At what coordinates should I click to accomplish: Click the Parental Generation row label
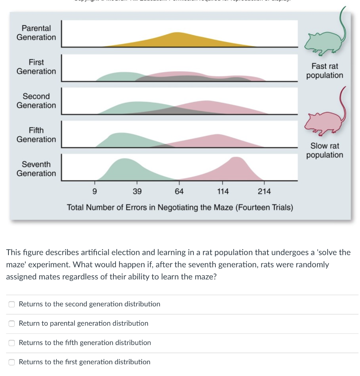point(36,33)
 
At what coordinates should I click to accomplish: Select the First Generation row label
point(36,67)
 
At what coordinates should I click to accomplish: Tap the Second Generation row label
point(36,101)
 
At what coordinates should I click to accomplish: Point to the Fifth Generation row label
point(36,135)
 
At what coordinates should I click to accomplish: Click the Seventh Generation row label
point(36,169)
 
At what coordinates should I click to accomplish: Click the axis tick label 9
point(95,191)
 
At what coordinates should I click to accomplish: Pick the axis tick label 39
point(137,191)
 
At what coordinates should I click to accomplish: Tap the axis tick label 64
point(179,191)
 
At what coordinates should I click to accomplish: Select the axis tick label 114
point(222,191)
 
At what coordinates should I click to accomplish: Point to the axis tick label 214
point(264,191)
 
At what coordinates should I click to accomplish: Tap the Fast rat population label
point(325,71)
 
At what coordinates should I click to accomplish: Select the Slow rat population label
point(325,151)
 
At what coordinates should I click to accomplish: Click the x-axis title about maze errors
point(180,207)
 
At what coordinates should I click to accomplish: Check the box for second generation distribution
point(12,304)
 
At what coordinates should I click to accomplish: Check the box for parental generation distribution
point(12,323)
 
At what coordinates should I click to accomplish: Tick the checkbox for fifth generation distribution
point(12,343)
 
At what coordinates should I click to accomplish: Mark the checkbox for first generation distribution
point(12,362)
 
